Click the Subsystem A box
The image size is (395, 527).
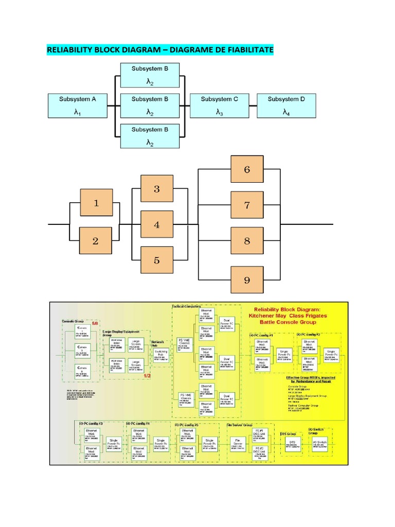[77, 105]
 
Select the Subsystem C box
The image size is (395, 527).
[220, 105]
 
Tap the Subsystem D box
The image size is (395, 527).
[286, 105]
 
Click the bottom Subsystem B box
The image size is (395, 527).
[149, 136]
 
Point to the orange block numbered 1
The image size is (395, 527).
[96, 203]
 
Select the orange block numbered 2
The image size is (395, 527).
[96, 241]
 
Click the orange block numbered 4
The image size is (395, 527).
[157, 225]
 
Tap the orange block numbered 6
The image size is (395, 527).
[247, 169]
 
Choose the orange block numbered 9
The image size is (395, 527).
[247, 280]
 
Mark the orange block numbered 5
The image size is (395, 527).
[157, 260]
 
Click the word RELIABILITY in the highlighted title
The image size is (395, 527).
[69, 50]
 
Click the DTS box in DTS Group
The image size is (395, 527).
[293, 444]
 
